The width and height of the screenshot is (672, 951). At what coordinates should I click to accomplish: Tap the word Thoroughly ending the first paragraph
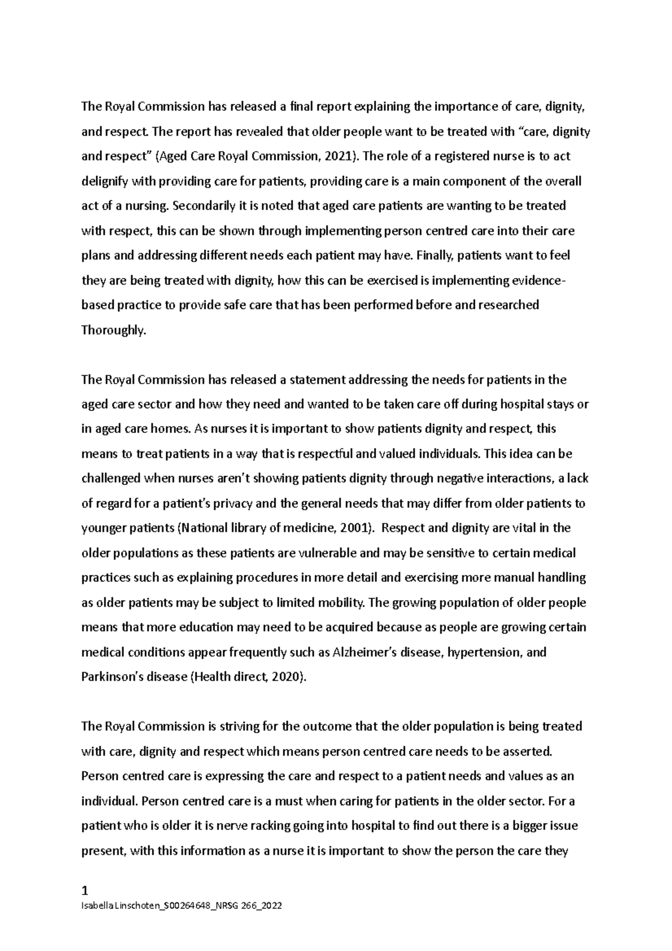(x=113, y=330)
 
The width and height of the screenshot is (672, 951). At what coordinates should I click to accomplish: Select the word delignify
(x=104, y=181)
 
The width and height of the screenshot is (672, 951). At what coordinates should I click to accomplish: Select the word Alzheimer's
(x=366, y=652)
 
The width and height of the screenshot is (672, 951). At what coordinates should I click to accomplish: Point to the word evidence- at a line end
(x=539, y=281)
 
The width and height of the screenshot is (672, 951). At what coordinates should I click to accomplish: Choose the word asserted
(x=528, y=751)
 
